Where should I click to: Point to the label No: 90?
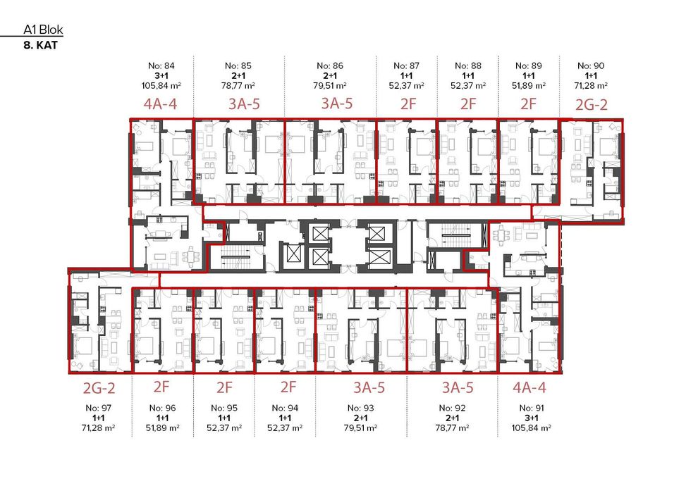coord(590,65)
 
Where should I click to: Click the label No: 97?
coord(97,408)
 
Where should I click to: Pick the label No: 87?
coord(407,65)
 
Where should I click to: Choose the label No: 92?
coord(452,408)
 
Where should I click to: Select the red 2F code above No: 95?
coord(224,387)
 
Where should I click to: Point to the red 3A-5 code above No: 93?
coord(369,387)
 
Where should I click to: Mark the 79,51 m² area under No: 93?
coord(360,428)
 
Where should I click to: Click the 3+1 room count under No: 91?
coord(532,418)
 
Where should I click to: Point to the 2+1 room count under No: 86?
coord(330,75)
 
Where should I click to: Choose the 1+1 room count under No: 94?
coord(285,418)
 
